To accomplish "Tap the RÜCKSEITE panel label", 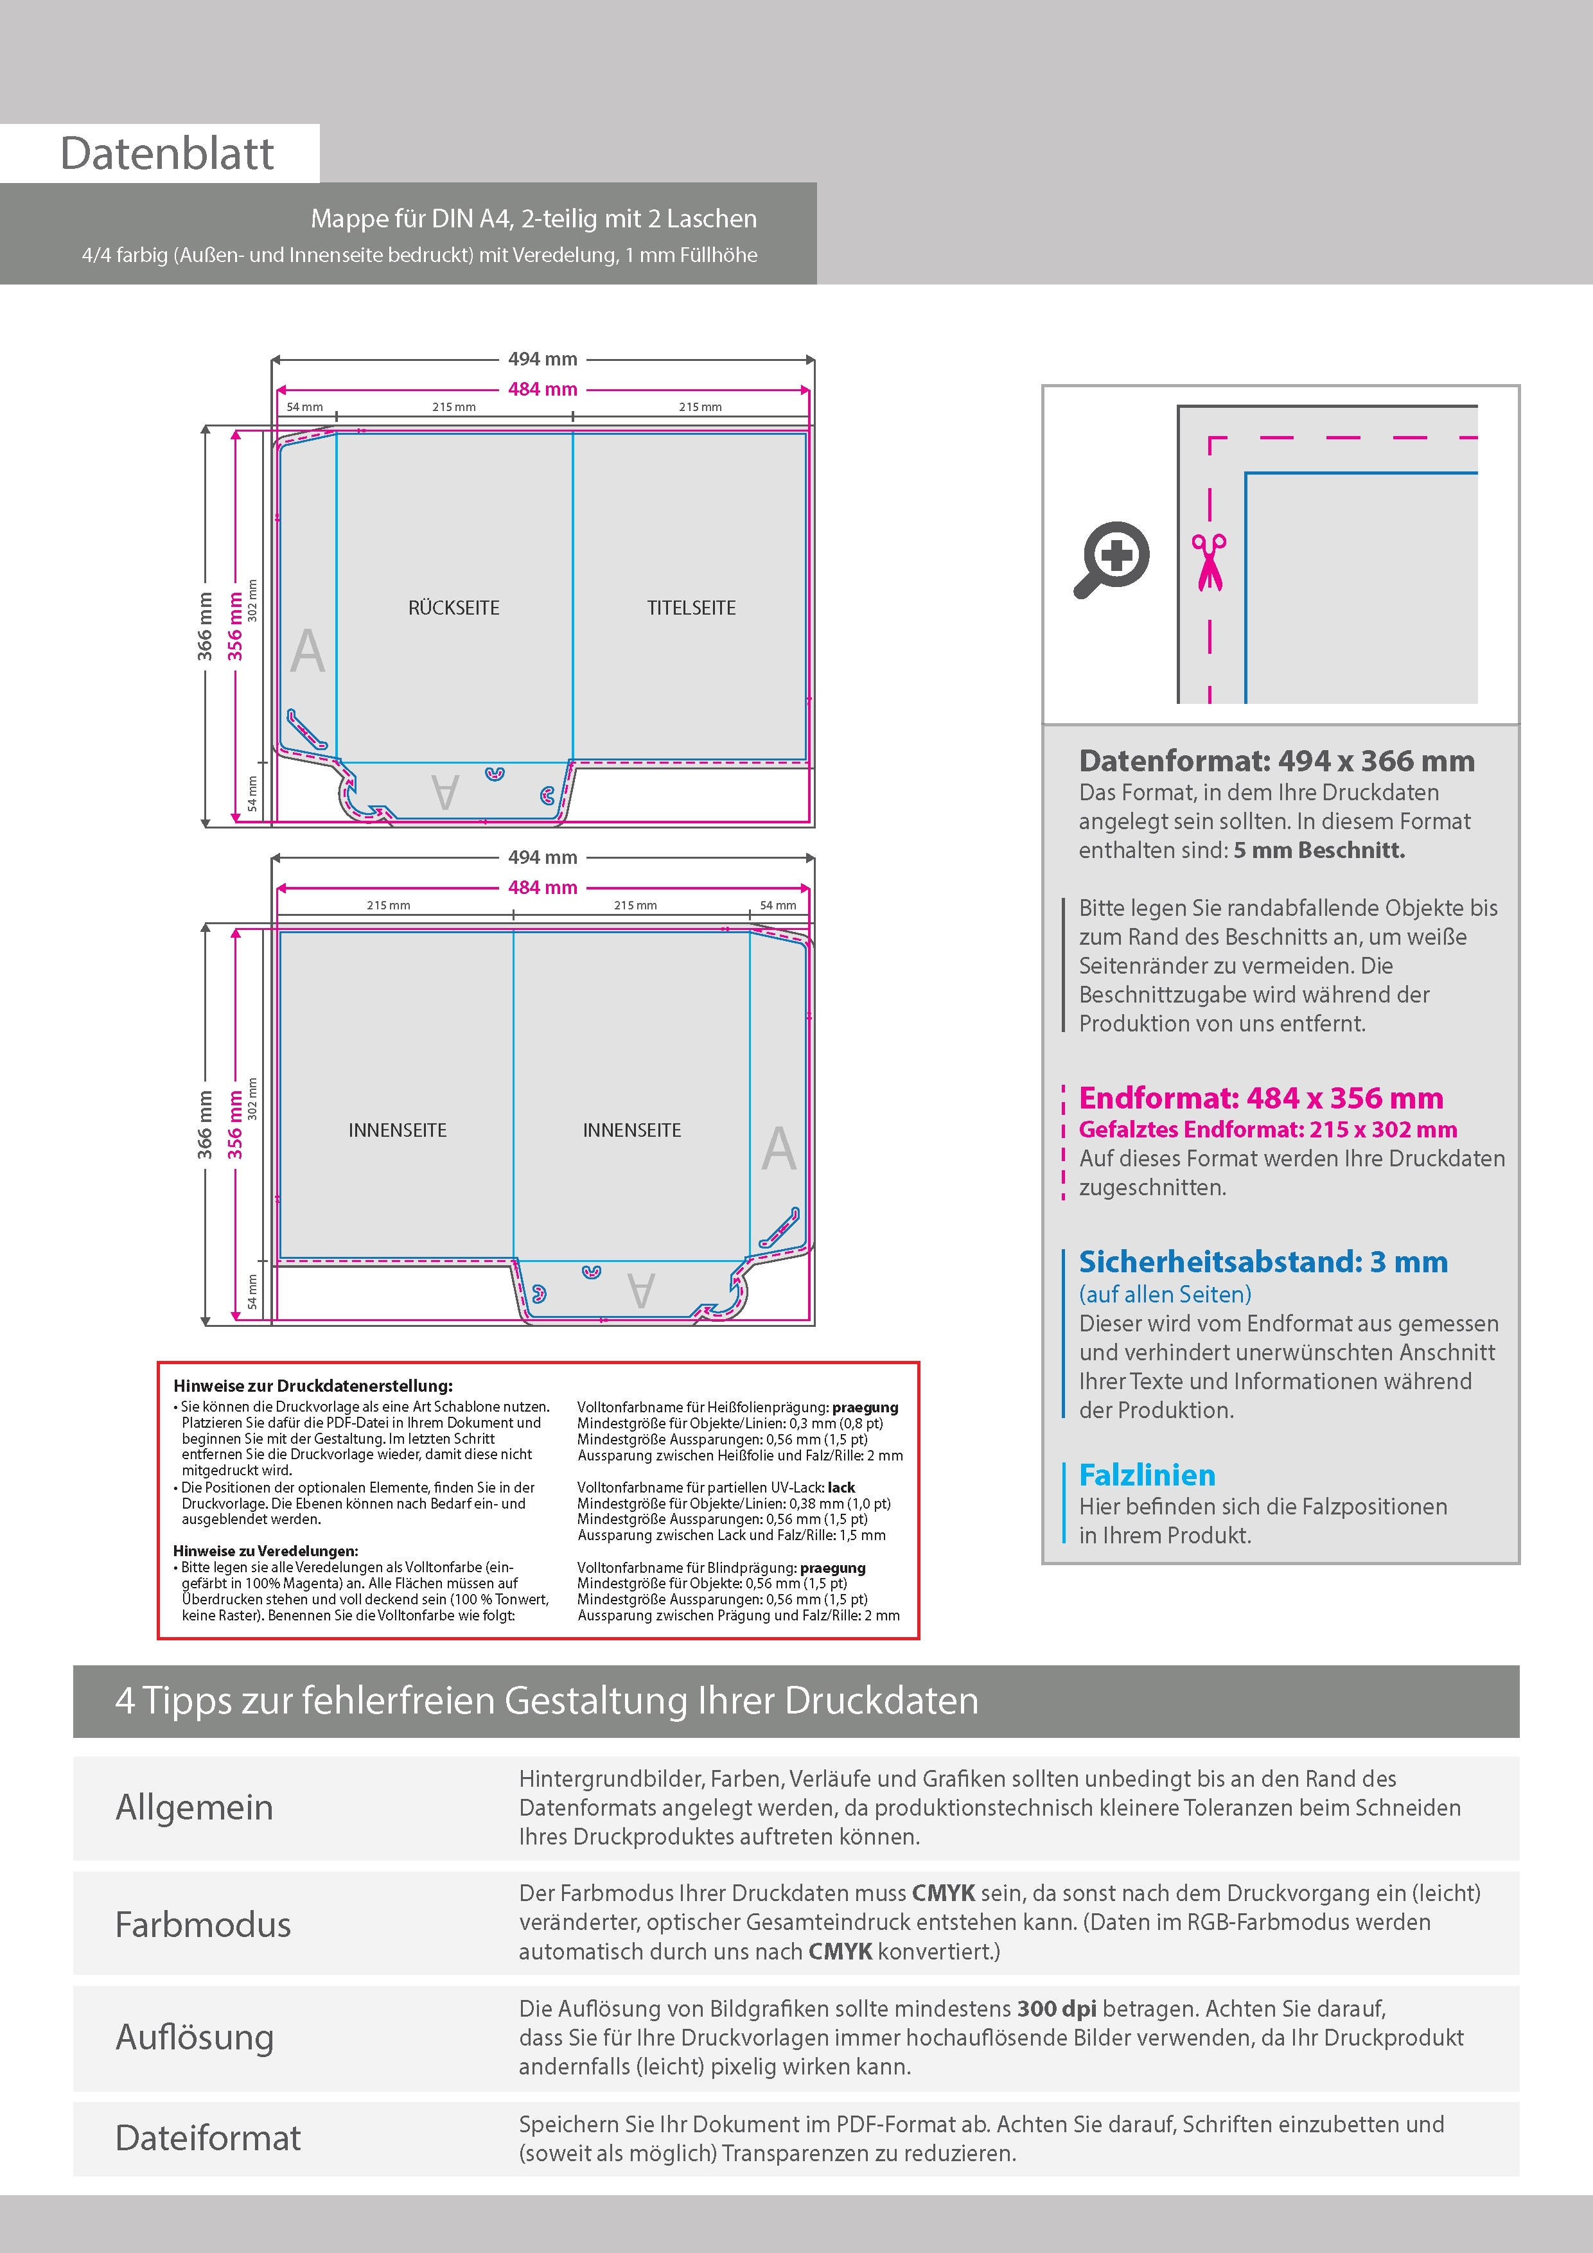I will (x=453, y=608).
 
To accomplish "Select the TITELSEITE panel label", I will (x=691, y=608).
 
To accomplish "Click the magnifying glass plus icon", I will (x=1112, y=558).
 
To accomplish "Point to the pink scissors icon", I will (x=1210, y=561).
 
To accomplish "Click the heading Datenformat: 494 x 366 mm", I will (x=1276, y=760).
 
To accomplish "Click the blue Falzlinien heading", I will (x=1147, y=1474).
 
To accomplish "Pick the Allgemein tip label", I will (x=195, y=1807).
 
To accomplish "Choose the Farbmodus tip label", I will (x=203, y=1924).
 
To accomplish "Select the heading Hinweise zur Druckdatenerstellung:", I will (x=313, y=1385).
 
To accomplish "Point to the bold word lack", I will (x=841, y=1487).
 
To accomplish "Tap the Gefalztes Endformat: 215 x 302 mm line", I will (x=1267, y=1130).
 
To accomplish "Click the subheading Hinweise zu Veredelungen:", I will (x=265, y=1550).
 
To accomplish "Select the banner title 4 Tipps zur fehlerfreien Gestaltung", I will (x=547, y=1701).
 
